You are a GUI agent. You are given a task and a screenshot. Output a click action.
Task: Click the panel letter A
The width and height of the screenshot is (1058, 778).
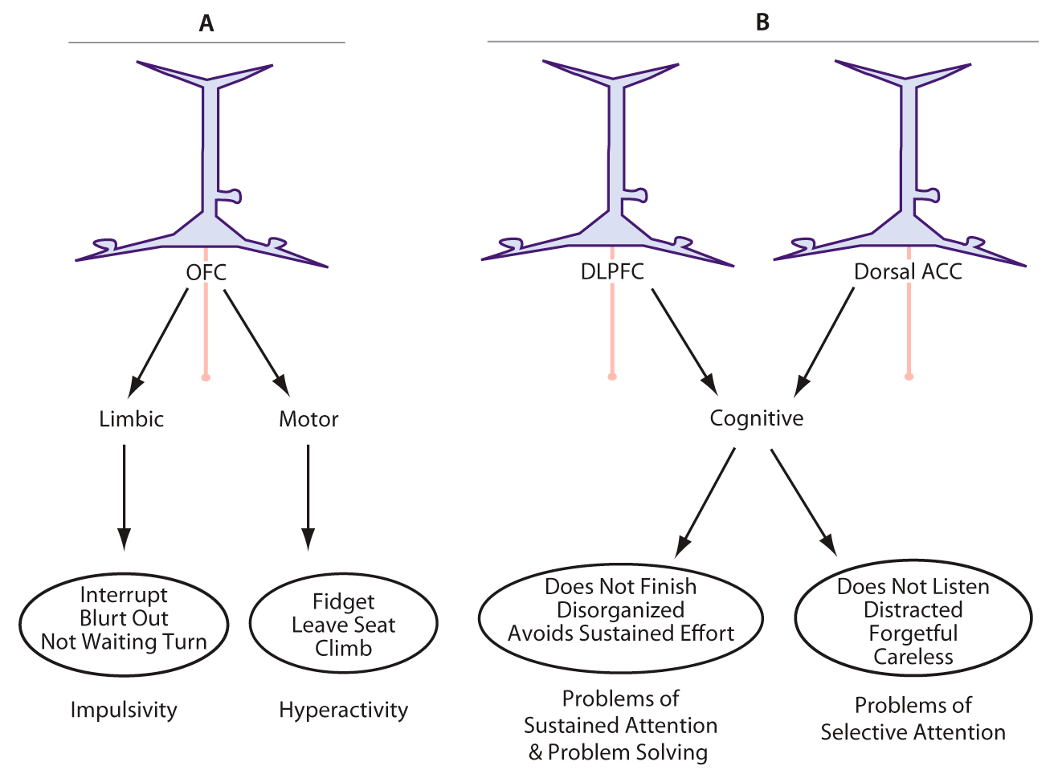click(x=206, y=24)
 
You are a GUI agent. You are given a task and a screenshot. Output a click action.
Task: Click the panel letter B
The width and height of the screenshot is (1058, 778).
click(x=762, y=22)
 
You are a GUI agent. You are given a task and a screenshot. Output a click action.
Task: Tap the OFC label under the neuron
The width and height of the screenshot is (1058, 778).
click(x=206, y=272)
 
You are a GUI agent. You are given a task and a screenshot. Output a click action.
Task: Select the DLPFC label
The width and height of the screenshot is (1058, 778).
click(x=612, y=271)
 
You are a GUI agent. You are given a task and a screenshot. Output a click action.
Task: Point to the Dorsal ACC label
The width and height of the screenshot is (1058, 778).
click(x=908, y=271)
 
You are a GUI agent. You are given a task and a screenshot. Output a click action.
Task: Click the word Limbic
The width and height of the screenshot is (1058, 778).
click(x=131, y=419)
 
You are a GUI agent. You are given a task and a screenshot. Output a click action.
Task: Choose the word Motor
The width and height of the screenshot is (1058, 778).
click(x=308, y=419)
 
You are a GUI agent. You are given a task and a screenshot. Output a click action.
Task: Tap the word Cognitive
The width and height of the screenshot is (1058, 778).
click(x=756, y=418)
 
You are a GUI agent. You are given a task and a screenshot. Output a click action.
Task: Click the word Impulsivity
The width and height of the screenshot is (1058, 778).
click(x=124, y=710)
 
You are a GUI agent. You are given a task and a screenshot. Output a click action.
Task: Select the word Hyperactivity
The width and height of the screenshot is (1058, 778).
click(x=343, y=710)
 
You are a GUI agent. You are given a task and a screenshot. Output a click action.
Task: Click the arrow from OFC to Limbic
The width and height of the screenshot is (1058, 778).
click(x=158, y=338)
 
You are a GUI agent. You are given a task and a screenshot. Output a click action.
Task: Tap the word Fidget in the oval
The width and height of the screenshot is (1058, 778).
click(x=343, y=601)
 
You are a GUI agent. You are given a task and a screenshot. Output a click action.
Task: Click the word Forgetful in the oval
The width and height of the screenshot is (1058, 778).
click(x=913, y=633)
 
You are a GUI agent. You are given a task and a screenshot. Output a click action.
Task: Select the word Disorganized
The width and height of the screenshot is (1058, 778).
click(x=620, y=610)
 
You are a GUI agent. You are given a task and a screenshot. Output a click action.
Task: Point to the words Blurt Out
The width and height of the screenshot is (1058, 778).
click(x=124, y=618)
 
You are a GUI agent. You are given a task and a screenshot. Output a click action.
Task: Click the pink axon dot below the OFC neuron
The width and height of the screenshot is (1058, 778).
click(x=206, y=377)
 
